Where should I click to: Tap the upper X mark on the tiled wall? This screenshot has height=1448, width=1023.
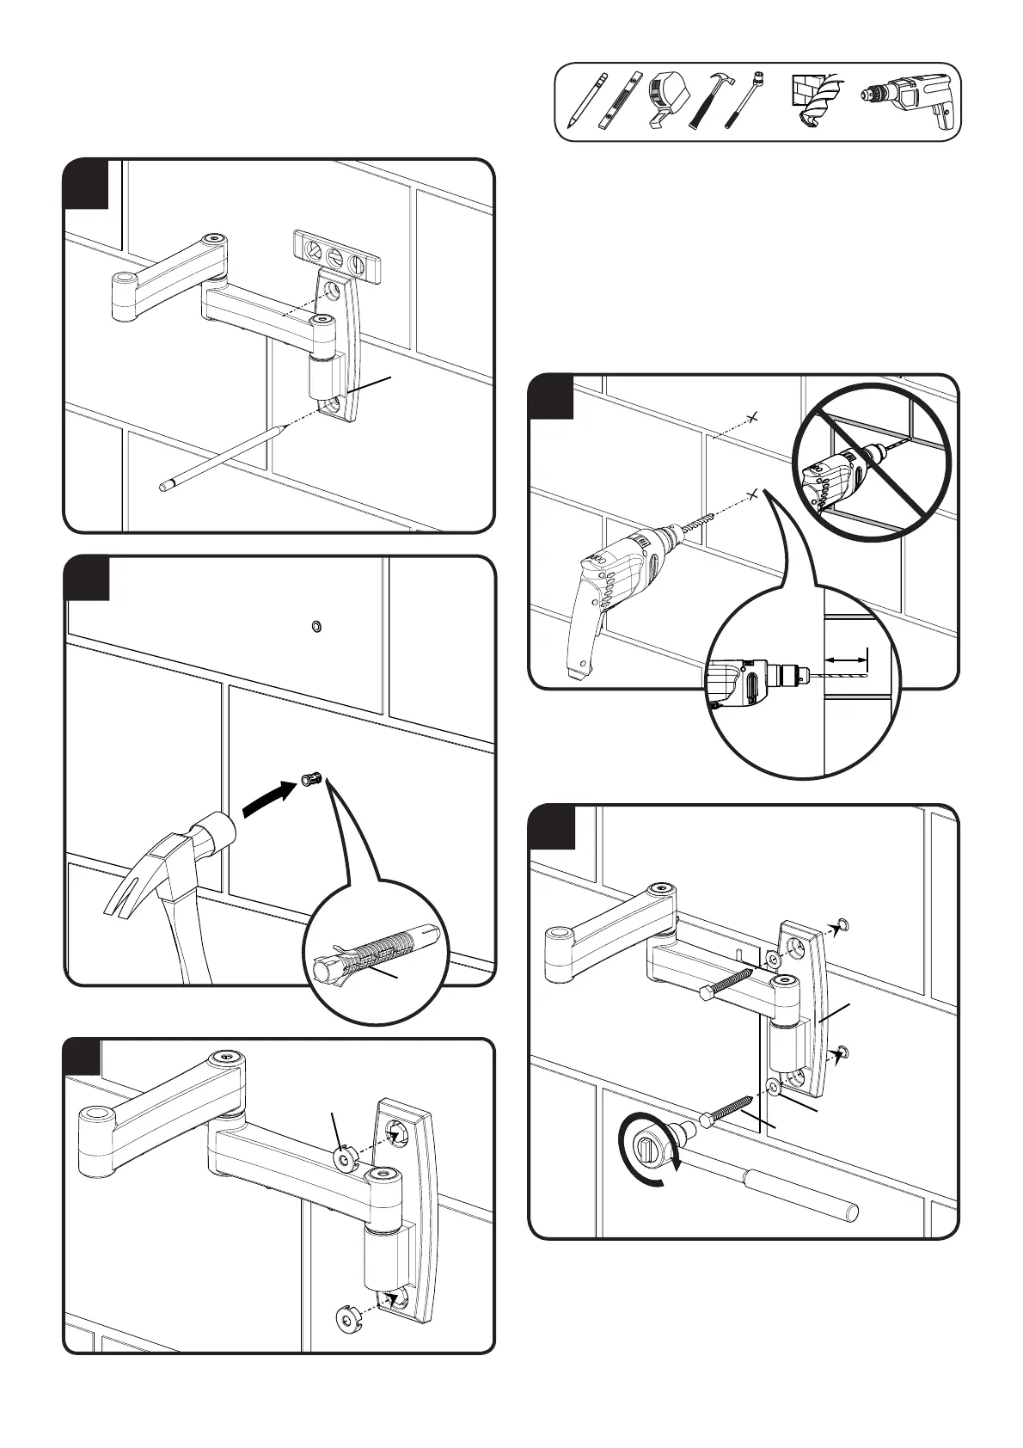[x=752, y=417]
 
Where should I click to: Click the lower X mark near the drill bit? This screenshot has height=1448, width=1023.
[x=752, y=494]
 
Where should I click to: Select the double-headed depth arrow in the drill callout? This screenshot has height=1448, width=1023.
[x=846, y=659]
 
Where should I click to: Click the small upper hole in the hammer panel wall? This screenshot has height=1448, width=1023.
[x=315, y=626]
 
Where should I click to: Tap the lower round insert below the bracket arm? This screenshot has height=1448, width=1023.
[x=346, y=1317]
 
